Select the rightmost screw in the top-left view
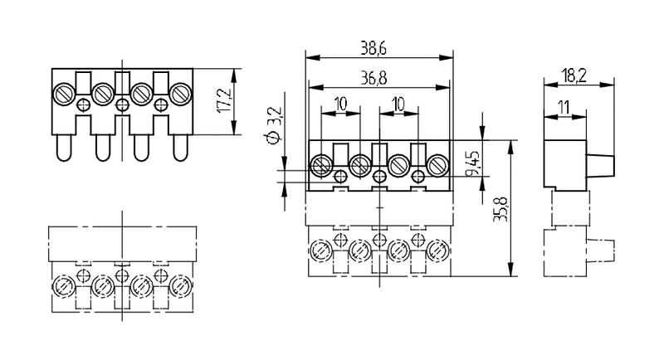pyautogui.click(x=181, y=93)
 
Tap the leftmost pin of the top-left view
pyautogui.click(x=63, y=149)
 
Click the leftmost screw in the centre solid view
pyautogui.click(x=321, y=166)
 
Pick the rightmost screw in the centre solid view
pyautogui.click(x=437, y=166)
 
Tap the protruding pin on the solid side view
pyautogui.click(x=603, y=163)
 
